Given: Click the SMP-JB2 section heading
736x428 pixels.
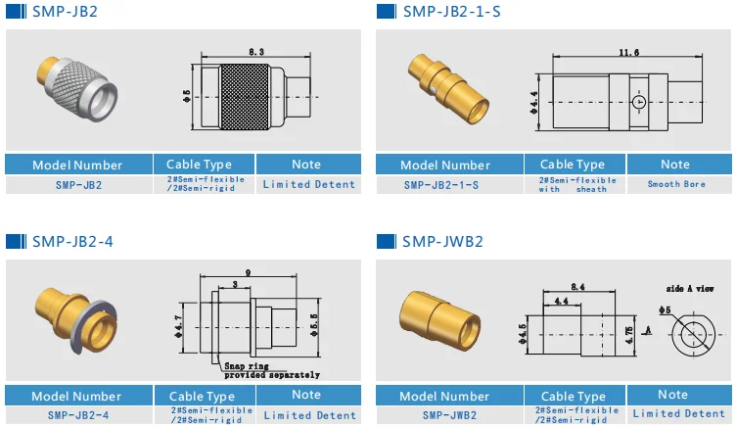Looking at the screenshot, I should pyautogui.click(x=65, y=12).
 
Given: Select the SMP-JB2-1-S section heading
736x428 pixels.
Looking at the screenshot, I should pyautogui.click(x=449, y=12).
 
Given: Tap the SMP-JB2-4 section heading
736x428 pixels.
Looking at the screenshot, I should pyautogui.click(x=71, y=241).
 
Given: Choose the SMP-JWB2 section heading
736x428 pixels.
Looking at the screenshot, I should pyautogui.click(x=441, y=241).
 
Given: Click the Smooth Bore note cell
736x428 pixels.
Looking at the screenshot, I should pyautogui.click(x=675, y=183).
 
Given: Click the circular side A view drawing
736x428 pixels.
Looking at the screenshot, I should pyautogui.click(x=695, y=334).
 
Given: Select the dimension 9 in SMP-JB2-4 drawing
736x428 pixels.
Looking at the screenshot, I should pyautogui.click(x=251, y=273).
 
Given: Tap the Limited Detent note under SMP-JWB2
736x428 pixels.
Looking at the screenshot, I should pyautogui.click(x=675, y=413).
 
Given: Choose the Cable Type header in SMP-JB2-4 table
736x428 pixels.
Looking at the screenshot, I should pyautogui.click(x=199, y=396).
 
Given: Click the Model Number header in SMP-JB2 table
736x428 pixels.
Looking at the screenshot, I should pyautogui.click(x=77, y=165).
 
